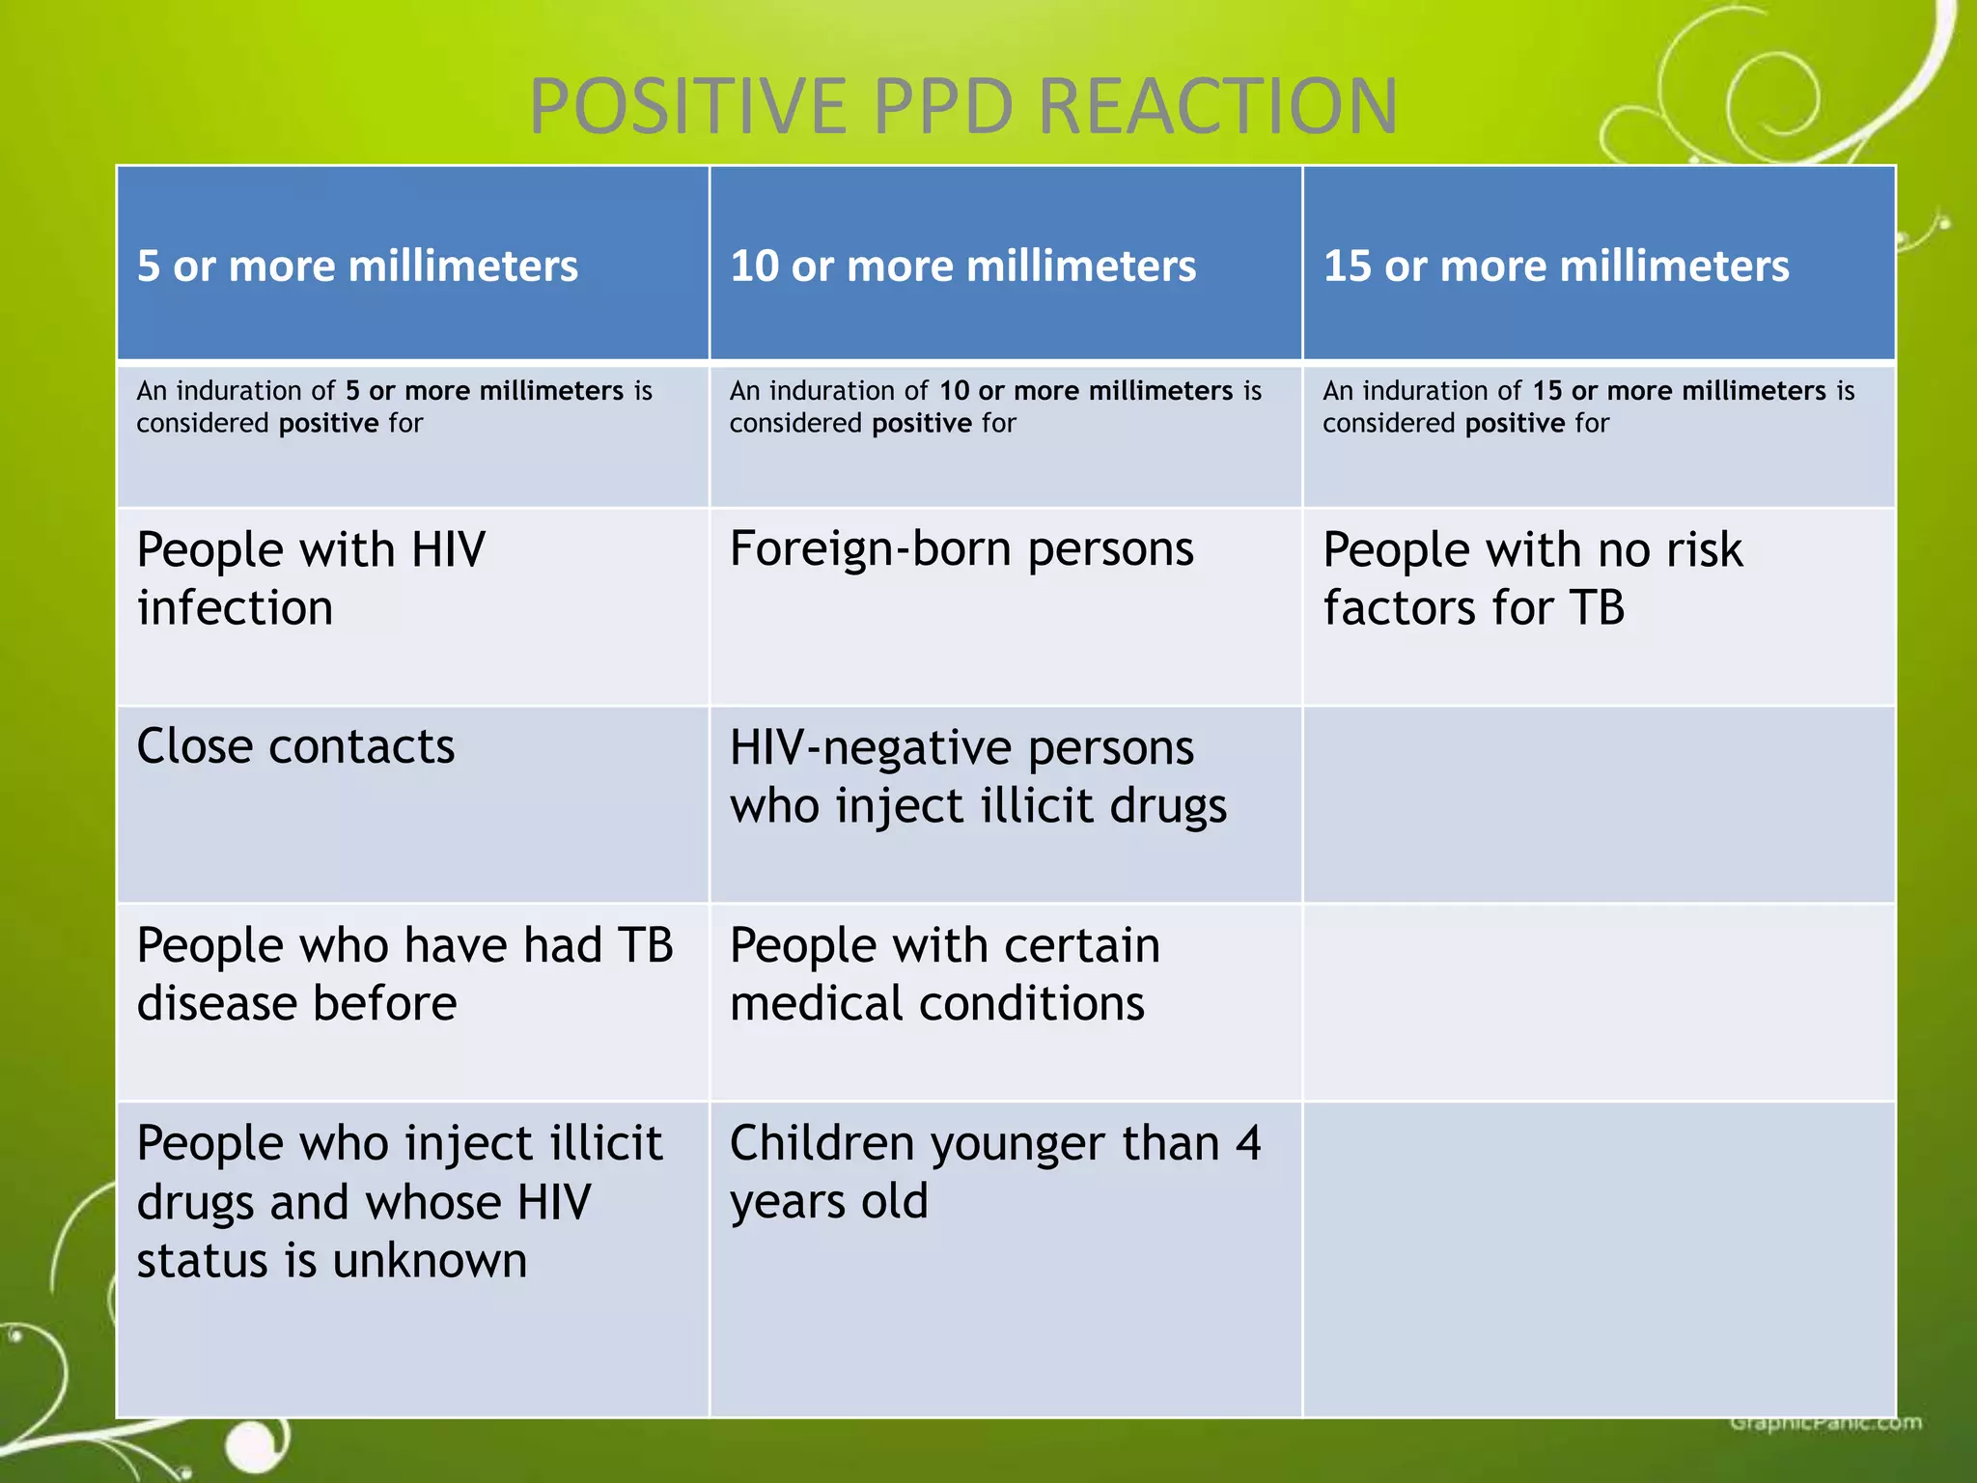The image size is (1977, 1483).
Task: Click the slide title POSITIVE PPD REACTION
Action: coord(962,106)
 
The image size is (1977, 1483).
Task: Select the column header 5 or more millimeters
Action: coord(357,266)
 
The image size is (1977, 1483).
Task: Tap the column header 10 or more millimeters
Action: coord(962,266)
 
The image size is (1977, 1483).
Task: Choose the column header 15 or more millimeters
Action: coord(1555,266)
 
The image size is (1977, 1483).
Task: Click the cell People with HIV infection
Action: coord(311,578)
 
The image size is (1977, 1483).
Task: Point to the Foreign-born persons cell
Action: coord(961,549)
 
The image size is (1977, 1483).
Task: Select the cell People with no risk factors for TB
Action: coord(1532,578)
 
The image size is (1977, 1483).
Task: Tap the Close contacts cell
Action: coord(295,746)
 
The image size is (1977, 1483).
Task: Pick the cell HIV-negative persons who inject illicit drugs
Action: coord(977,776)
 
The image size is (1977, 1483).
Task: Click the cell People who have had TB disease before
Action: coord(404,974)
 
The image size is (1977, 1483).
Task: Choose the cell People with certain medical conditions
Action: coord(944,974)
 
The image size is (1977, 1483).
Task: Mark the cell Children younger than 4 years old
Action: coord(994,1172)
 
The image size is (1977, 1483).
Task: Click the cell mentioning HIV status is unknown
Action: coord(399,1202)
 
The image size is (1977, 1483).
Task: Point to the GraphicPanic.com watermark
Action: coord(1824,1422)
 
